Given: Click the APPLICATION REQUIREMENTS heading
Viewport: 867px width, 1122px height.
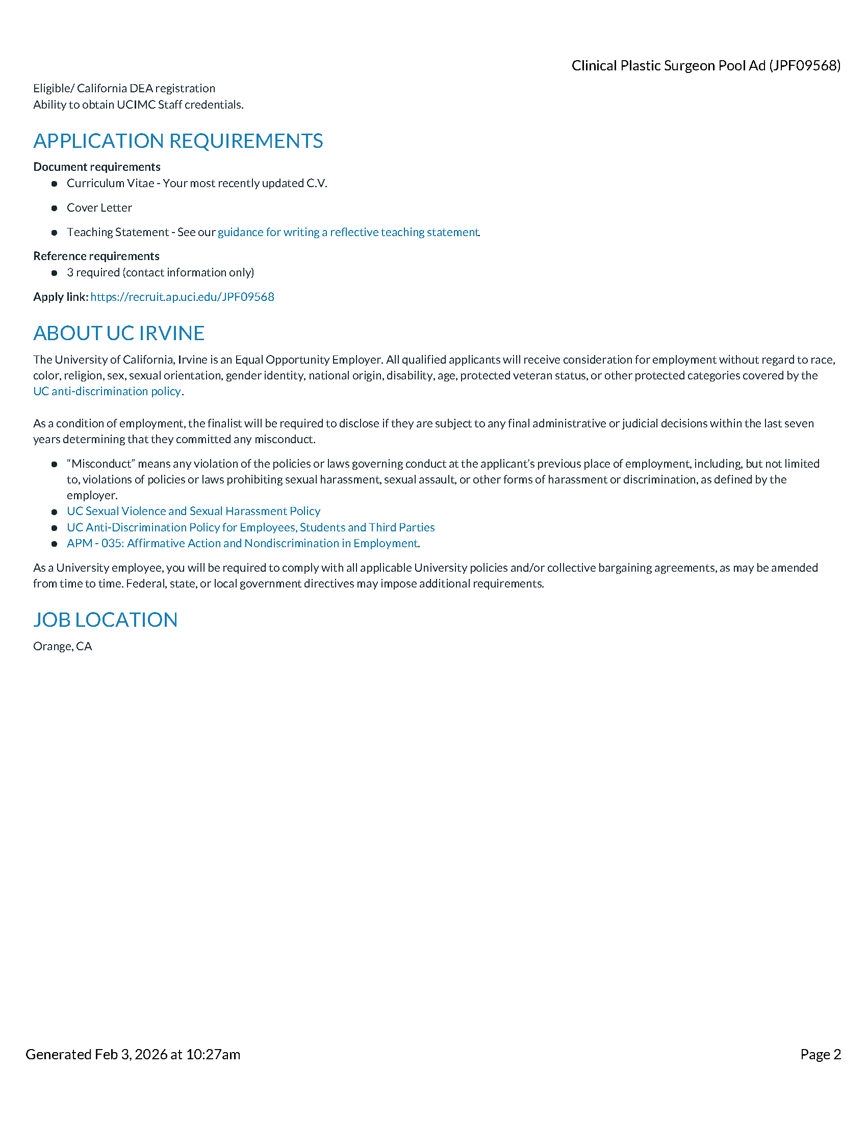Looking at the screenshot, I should pyautogui.click(x=177, y=141).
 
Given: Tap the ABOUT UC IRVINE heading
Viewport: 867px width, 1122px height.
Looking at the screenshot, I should pyautogui.click(x=119, y=334).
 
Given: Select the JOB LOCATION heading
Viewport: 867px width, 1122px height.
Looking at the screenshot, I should pyautogui.click(x=105, y=620).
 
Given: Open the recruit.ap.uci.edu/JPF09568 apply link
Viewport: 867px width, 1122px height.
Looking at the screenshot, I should pyautogui.click(x=183, y=297).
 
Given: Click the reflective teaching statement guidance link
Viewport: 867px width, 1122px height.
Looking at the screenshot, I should pyautogui.click(x=348, y=232).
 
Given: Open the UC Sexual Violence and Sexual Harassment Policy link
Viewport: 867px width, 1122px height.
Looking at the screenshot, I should pyautogui.click(x=193, y=511).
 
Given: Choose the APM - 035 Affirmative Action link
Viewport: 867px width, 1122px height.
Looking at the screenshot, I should pyautogui.click(x=242, y=544).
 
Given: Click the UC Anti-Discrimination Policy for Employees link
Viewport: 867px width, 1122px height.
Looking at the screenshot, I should pyautogui.click(x=250, y=528).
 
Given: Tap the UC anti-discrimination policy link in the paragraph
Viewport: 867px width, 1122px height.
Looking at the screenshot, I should pyautogui.click(x=107, y=392).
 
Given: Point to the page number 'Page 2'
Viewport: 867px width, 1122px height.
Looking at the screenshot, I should pyautogui.click(x=820, y=1054).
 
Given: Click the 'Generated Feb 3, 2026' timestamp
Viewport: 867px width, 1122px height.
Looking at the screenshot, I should pyautogui.click(x=133, y=1054).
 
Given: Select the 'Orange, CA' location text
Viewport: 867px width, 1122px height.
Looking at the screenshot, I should pyautogui.click(x=63, y=646).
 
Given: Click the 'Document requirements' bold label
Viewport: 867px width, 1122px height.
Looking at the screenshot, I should pyautogui.click(x=96, y=167).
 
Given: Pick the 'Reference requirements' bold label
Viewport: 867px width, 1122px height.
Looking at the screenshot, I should pyautogui.click(x=96, y=257).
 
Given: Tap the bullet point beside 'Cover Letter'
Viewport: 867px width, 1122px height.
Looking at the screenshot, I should pyautogui.click(x=55, y=208).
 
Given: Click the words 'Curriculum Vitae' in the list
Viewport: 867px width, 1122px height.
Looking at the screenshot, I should pyautogui.click(x=111, y=184).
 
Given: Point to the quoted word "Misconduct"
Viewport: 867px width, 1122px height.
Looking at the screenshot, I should pyautogui.click(x=100, y=464).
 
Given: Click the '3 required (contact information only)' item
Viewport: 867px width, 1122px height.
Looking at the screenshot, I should pyautogui.click(x=160, y=273).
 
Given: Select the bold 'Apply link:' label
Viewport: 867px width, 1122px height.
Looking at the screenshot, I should pyautogui.click(x=61, y=297).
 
